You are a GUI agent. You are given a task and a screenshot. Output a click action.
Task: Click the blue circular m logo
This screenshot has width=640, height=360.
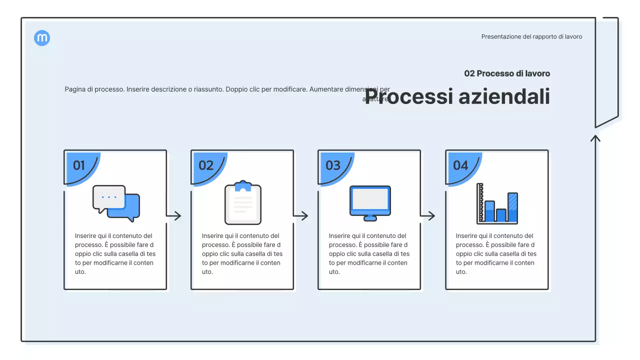pyautogui.click(x=42, y=38)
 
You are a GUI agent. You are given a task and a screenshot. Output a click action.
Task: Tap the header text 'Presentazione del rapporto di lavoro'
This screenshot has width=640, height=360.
pyautogui.click(x=531, y=36)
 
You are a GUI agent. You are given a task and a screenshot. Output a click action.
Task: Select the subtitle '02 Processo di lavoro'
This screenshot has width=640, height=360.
pyautogui.click(x=507, y=73)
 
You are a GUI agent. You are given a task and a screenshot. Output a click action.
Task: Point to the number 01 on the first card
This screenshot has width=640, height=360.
pyautogui.click(x=79, y=165)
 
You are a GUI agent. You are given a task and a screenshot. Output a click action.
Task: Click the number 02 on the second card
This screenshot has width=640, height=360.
pyautogui.click(x=206, y=165)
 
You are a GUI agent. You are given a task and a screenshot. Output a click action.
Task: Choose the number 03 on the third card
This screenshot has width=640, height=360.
pyautogui.click(x=333, y=165)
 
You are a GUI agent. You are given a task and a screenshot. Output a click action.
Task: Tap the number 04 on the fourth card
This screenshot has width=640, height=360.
pyautogui.click(x=460, y=165)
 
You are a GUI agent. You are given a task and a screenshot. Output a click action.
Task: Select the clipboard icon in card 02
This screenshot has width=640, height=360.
pyautogui.click(x=243, y=203)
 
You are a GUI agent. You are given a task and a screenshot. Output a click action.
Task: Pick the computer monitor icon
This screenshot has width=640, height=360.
pyautogui.click(x=370, y=203)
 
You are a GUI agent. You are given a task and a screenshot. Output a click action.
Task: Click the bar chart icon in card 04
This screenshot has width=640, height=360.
pyautogui.click(x=497, y=203)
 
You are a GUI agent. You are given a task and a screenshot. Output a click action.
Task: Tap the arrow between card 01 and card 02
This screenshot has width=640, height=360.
pyautogui.click(x=174, y=216)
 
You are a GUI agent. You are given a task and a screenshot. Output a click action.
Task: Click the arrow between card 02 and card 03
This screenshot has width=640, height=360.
pyautogui.click(x=301, y=216)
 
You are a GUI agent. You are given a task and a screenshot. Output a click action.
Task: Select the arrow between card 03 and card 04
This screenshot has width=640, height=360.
pyautogui.click(x=428, y=216)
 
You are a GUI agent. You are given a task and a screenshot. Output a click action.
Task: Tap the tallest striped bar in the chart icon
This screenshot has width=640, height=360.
pyautogui.click(x=512, y=206)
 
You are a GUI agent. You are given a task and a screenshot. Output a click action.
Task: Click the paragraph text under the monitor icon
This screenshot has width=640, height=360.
pyautogui.click(x=369, y=253)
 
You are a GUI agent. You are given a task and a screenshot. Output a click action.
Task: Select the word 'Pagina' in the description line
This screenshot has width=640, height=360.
pyautogui.click(x=74, y=89)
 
